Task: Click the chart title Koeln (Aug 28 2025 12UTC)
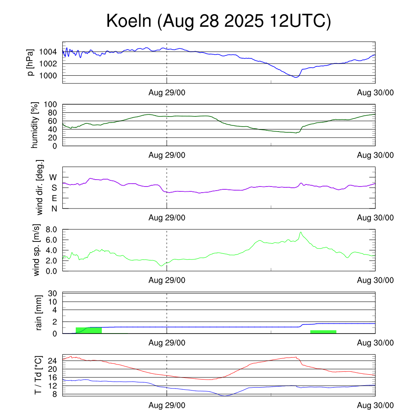[x=219, y=21]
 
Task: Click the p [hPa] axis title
[x=31, y=62]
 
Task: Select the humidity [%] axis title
[x=35, y=125]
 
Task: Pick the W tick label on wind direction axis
[x=53, y=178]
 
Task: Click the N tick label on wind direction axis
[x=54, y=208]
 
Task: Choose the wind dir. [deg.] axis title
[x=40, y=187]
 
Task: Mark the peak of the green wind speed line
[x=301, y=232]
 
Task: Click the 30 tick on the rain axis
[x=52, y=293]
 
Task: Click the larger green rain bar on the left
[x=89, y=330]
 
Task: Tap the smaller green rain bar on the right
[x=323, y=332]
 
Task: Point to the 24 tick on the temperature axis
[x=52, y=361]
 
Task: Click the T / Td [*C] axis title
[x=38, y=375]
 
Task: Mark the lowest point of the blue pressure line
[x=296, y=77]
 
